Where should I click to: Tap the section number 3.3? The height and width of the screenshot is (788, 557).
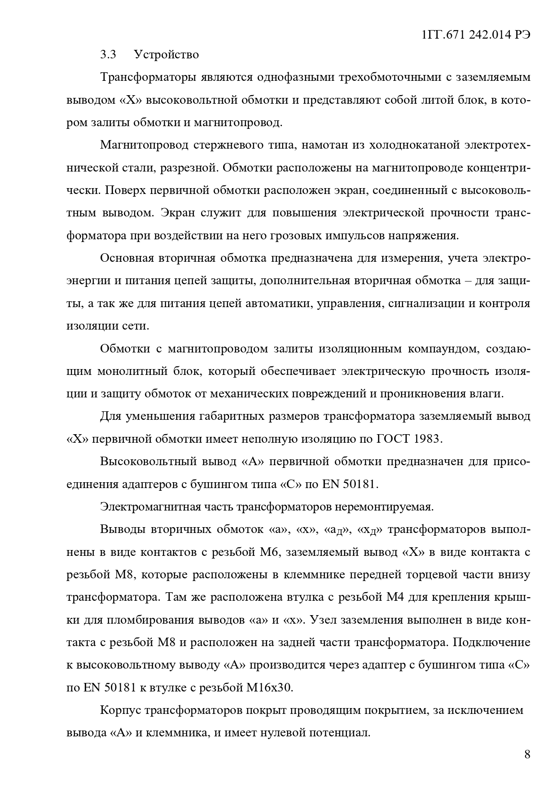pos(108,55)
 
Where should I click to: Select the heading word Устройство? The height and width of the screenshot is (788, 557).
pos(166,55)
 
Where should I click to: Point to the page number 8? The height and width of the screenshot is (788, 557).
pos(527,754)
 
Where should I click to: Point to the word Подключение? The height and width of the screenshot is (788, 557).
pos(491,643)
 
